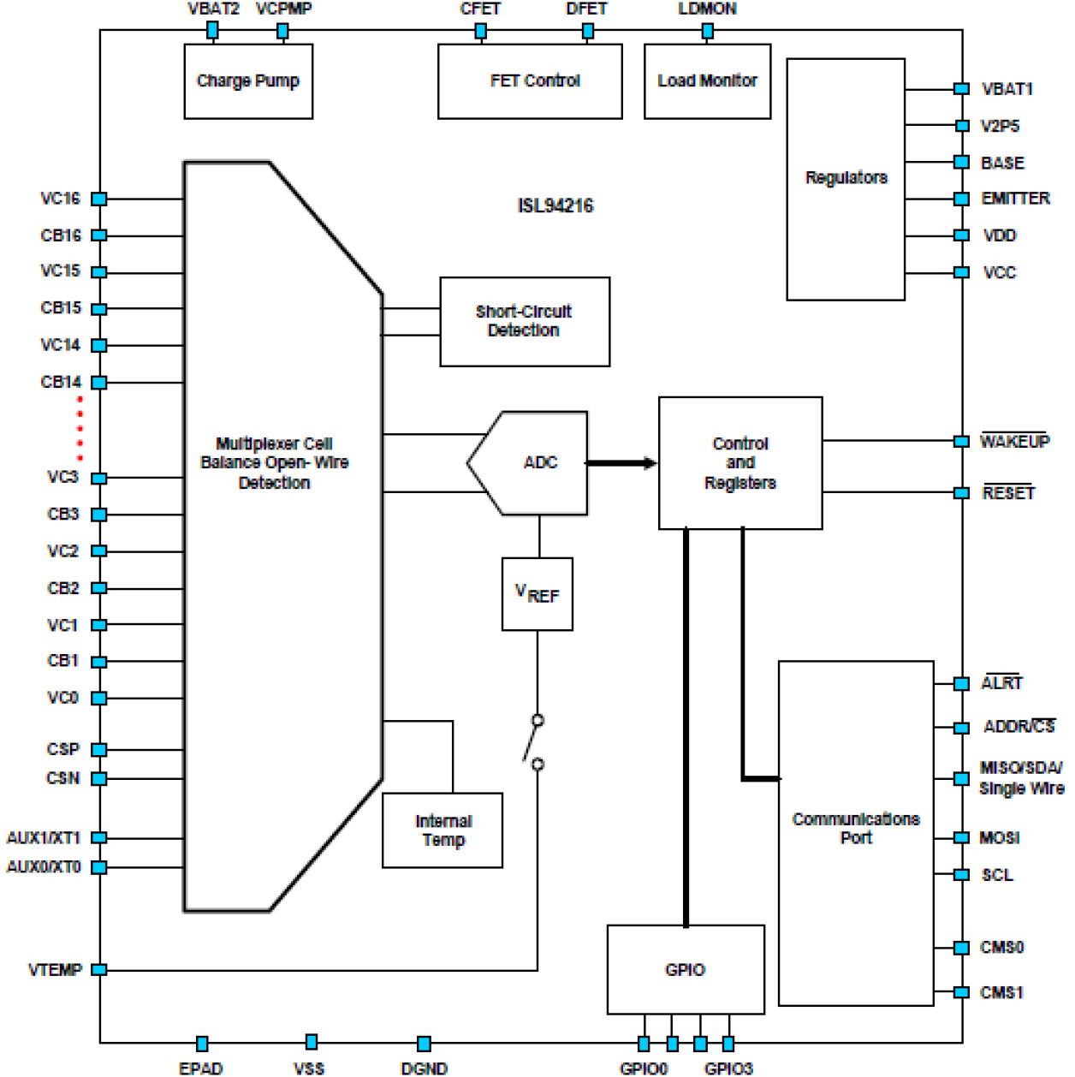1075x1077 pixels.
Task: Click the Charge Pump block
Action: point(248,81)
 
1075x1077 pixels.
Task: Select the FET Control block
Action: point(530,81)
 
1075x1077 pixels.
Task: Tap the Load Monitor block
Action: point(707,81)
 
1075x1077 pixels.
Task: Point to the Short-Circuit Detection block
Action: point(525,322)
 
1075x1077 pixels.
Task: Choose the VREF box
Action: point(537,594)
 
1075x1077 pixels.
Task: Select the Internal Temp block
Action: point(442,830)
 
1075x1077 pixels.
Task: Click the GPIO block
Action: point(686,969)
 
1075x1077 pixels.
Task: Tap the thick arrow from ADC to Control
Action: point(621,463)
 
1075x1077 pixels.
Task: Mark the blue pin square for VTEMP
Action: point(99,970)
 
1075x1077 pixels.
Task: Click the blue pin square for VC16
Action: point(99,199)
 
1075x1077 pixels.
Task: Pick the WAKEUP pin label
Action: point(1014,442)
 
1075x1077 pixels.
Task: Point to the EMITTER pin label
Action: point(1015,199)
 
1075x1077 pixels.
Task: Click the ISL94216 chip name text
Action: point(555,205)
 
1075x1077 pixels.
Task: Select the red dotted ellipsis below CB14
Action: point(80,429)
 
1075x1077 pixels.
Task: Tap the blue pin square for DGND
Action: point(424,1044)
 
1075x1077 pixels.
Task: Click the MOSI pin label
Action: point(1000,838)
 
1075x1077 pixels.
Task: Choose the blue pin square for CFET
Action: point(481,32)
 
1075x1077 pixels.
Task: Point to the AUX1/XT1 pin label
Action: point(44,838)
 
